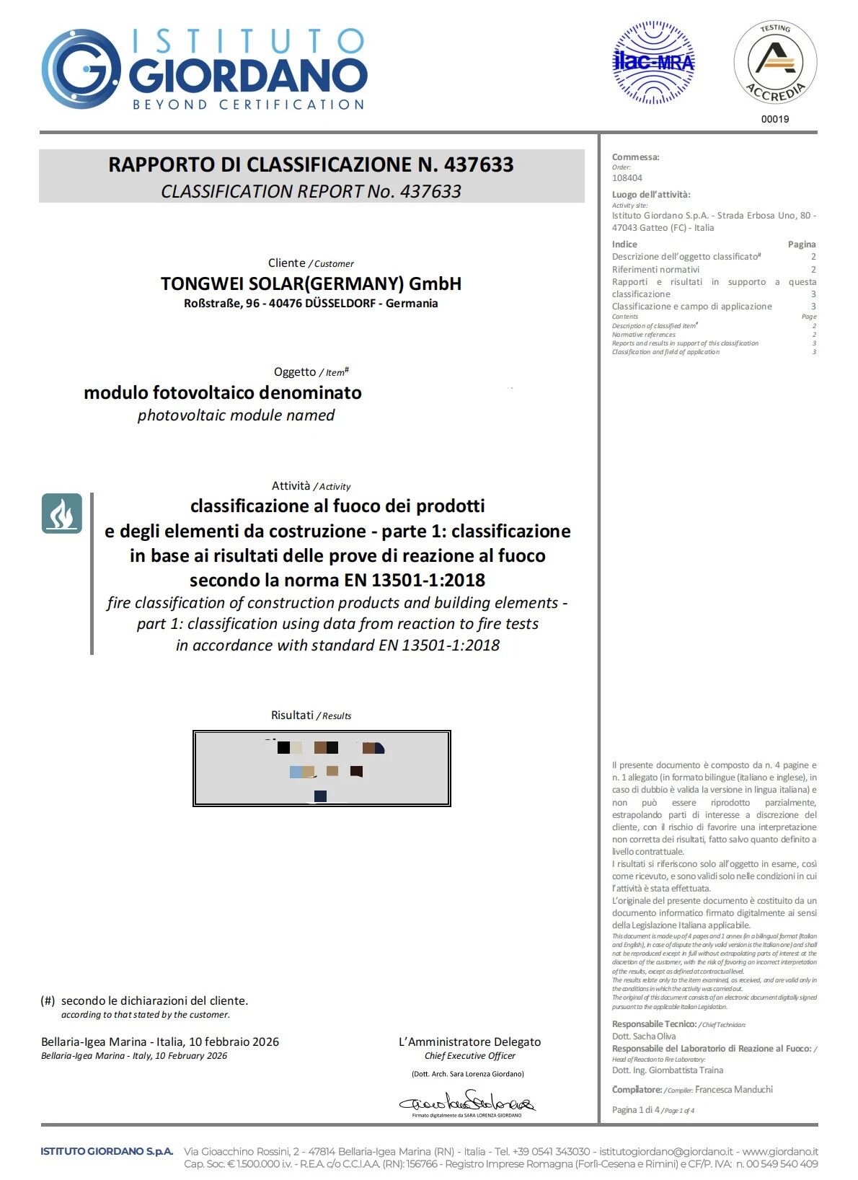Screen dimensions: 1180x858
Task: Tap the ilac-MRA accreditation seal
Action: pos(653,63)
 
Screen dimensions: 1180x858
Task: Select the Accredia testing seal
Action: pos(775,63)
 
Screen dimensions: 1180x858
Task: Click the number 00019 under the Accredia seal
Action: pos(775,119)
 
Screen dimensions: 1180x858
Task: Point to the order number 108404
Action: pos(627,178)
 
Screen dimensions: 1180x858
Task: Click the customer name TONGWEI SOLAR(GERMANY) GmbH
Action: pos(311,283)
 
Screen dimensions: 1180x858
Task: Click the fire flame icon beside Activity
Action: pos(61,514)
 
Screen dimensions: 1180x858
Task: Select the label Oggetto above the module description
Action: pos(294,372)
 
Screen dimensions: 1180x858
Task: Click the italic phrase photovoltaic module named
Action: pos(236,415)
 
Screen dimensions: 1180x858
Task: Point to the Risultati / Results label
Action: pos(311,716)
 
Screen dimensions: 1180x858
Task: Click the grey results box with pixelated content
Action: pos(322,768)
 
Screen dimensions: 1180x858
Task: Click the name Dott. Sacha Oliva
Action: pos(644,1036)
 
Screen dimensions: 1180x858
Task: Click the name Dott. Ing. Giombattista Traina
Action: pos(668,1070)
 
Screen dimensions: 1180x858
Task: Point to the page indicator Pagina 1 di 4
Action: pos(636,1110)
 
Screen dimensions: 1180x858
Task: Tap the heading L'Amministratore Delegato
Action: pos(469,1042)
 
